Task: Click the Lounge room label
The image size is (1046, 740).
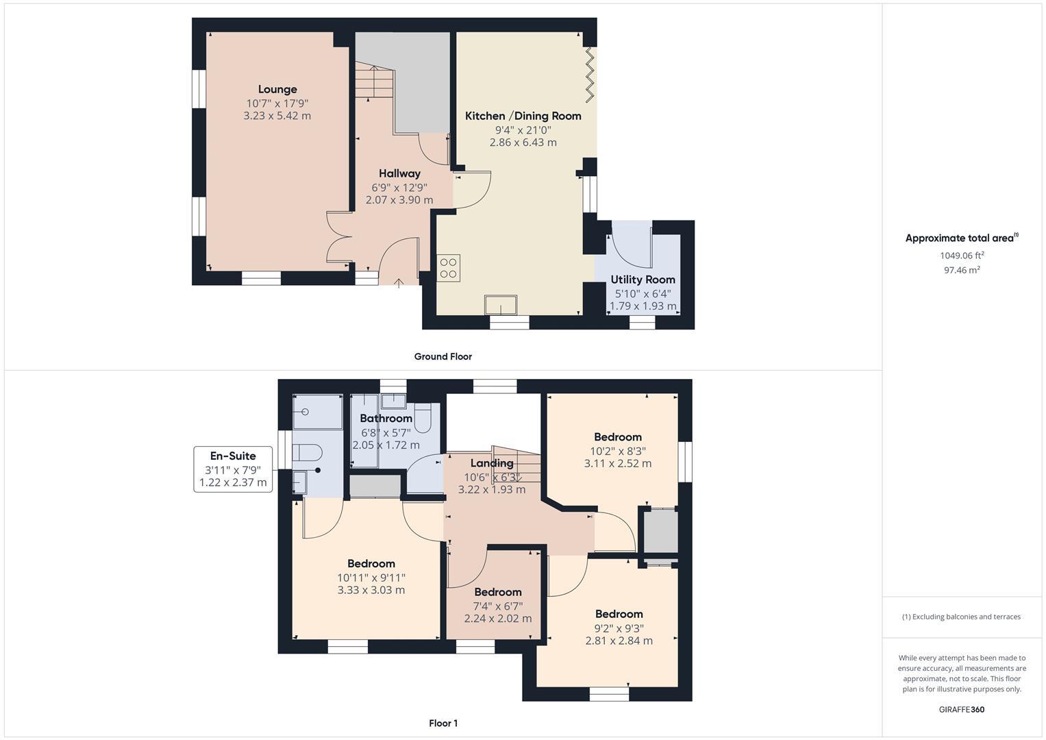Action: pyautogui.click(x=277, y=89)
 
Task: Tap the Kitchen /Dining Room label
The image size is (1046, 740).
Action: pyautogui.click(x=523, y=116)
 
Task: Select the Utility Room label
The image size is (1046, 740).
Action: pyautogui.click(x=643, y=280)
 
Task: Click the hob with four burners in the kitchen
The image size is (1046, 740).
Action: pyautogui.click(x=449, y=268)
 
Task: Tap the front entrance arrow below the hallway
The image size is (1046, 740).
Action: pyautogui.click(x=399, y=282)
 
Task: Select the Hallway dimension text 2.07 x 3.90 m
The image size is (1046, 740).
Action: pyautogui.click(x=399, y=200)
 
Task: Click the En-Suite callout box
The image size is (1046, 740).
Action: pyautogui.click(x=233, y=469)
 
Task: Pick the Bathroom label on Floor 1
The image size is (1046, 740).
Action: pyautogui.click(x=386, y=419)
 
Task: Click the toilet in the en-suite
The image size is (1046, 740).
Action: pyautogui.click(x=307, y=453)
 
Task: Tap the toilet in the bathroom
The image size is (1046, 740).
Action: pyautogui.click(x=423, y=418)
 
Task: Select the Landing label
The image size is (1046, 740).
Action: pyautogui.click(x=492, y=463)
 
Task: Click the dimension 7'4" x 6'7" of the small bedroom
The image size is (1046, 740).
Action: pyautogui.click(x=498, y=606)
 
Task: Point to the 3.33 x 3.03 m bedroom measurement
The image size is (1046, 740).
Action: pyautogui.click(x=371, y=590)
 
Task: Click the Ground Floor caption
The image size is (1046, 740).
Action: pyautogui.click(x=443, y=356)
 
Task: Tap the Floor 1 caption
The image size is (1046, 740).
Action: pyautogui.click(x=443, y=723)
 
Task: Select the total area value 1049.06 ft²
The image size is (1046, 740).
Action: pyautogui.click(x=962, y=256)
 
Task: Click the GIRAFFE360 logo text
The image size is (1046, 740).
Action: pyautogui.click(x=961, y=709)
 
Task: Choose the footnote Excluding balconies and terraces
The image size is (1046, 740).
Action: pyautogui.click(x=961, y=617)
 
